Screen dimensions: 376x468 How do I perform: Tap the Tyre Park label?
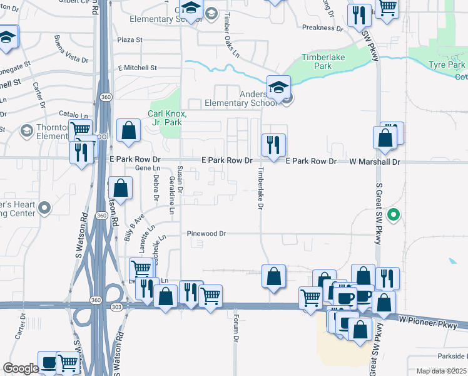point(447,65)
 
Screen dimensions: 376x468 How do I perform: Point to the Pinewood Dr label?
point(206,234)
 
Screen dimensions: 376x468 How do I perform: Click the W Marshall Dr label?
point(374,162)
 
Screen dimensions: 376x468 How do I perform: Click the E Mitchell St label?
point(137,68)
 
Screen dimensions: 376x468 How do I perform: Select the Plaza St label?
point(130,40)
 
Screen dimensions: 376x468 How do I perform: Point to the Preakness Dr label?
point(323,28)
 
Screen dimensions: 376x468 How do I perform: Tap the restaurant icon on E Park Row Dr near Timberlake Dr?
point(273,145)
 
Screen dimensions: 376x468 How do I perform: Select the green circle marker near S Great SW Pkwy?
point(393,216)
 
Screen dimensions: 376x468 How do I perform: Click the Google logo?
point(21,368)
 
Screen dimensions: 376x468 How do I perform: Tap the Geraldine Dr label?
point(171,195)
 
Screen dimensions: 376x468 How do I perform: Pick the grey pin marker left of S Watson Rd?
point(44,207)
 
